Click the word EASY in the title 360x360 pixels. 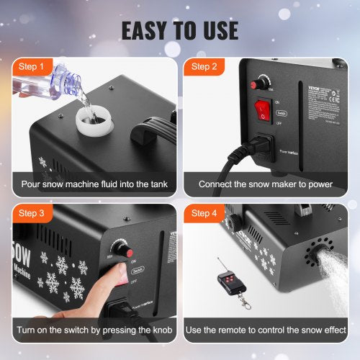pos(147,30)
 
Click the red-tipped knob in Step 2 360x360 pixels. pos(255,84)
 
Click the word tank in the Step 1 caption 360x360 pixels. pos(156,185)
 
